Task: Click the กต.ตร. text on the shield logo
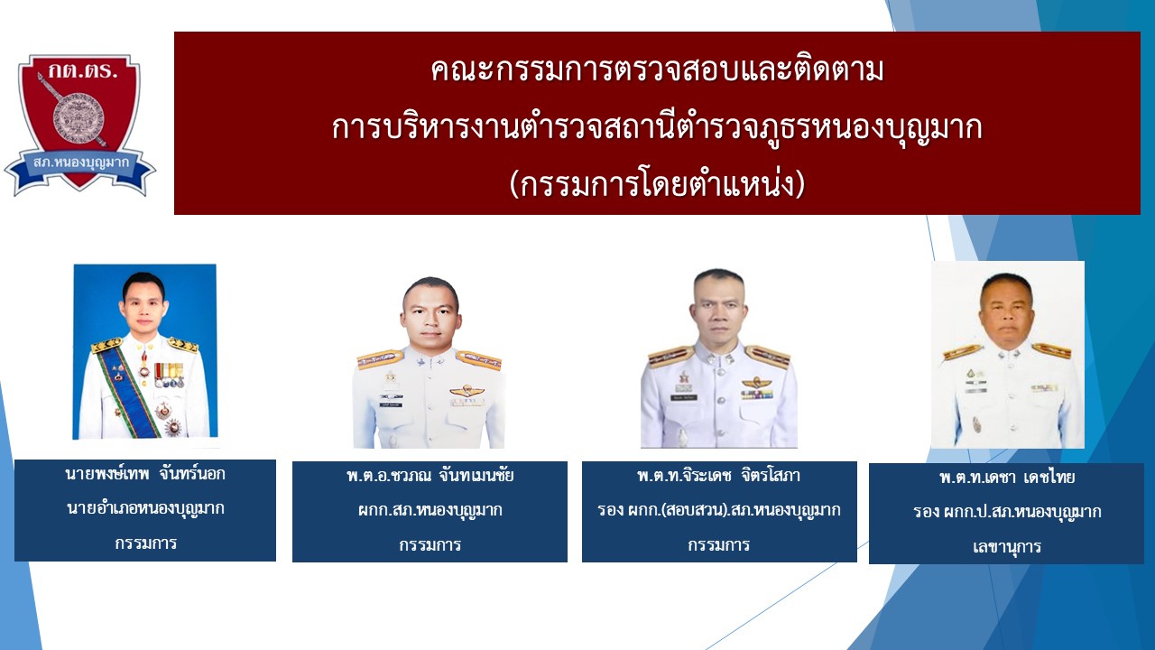click(83, 70)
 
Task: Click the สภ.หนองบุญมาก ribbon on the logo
click(80, 164)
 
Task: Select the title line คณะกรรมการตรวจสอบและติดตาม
click(657, 70)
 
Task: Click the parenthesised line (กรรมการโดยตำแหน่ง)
click(657, 184)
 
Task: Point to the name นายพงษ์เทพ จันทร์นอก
click(145, 474)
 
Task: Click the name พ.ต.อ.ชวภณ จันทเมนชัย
click(430, 475)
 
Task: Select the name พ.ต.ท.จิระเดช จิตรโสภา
click(719, 475)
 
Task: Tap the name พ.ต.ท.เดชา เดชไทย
click(1007, 477)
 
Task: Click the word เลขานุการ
click(1007, 546)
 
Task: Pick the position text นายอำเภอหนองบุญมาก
click(145, 508)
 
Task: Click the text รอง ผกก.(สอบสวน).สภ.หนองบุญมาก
click(719, 510)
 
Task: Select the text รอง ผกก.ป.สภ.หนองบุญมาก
click(1007, 512)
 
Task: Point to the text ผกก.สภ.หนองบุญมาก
click(430, 510)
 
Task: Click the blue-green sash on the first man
click(130, 392)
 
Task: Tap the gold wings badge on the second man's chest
click(467, 391)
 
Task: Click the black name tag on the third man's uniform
click(684, 398)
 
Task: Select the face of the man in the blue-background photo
click(143, 305)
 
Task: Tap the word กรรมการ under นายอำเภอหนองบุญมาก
click(145, 543)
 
